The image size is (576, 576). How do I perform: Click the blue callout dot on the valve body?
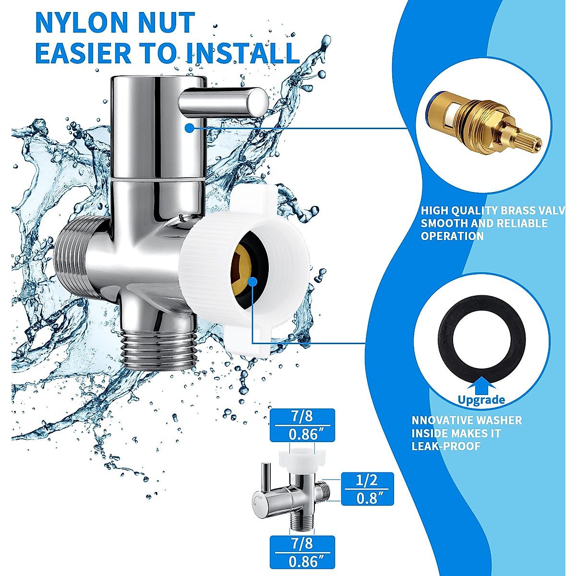click(x=190, y=128)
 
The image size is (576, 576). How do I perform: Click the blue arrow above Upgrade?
click(x=481, y=386)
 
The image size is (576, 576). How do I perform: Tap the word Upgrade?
click(x=481, y=400)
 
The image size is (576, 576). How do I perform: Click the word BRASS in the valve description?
click(x=518, y=211)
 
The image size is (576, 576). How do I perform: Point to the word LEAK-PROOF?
click(x=446, y=446)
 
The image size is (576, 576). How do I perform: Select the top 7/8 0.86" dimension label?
click(x=302, y=425)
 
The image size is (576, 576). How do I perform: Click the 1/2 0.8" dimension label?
click(x=367, y=489)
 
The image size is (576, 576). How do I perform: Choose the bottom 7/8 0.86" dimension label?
click(x=302, y=552)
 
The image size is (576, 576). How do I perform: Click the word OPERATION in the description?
click(x=452, y=236)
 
